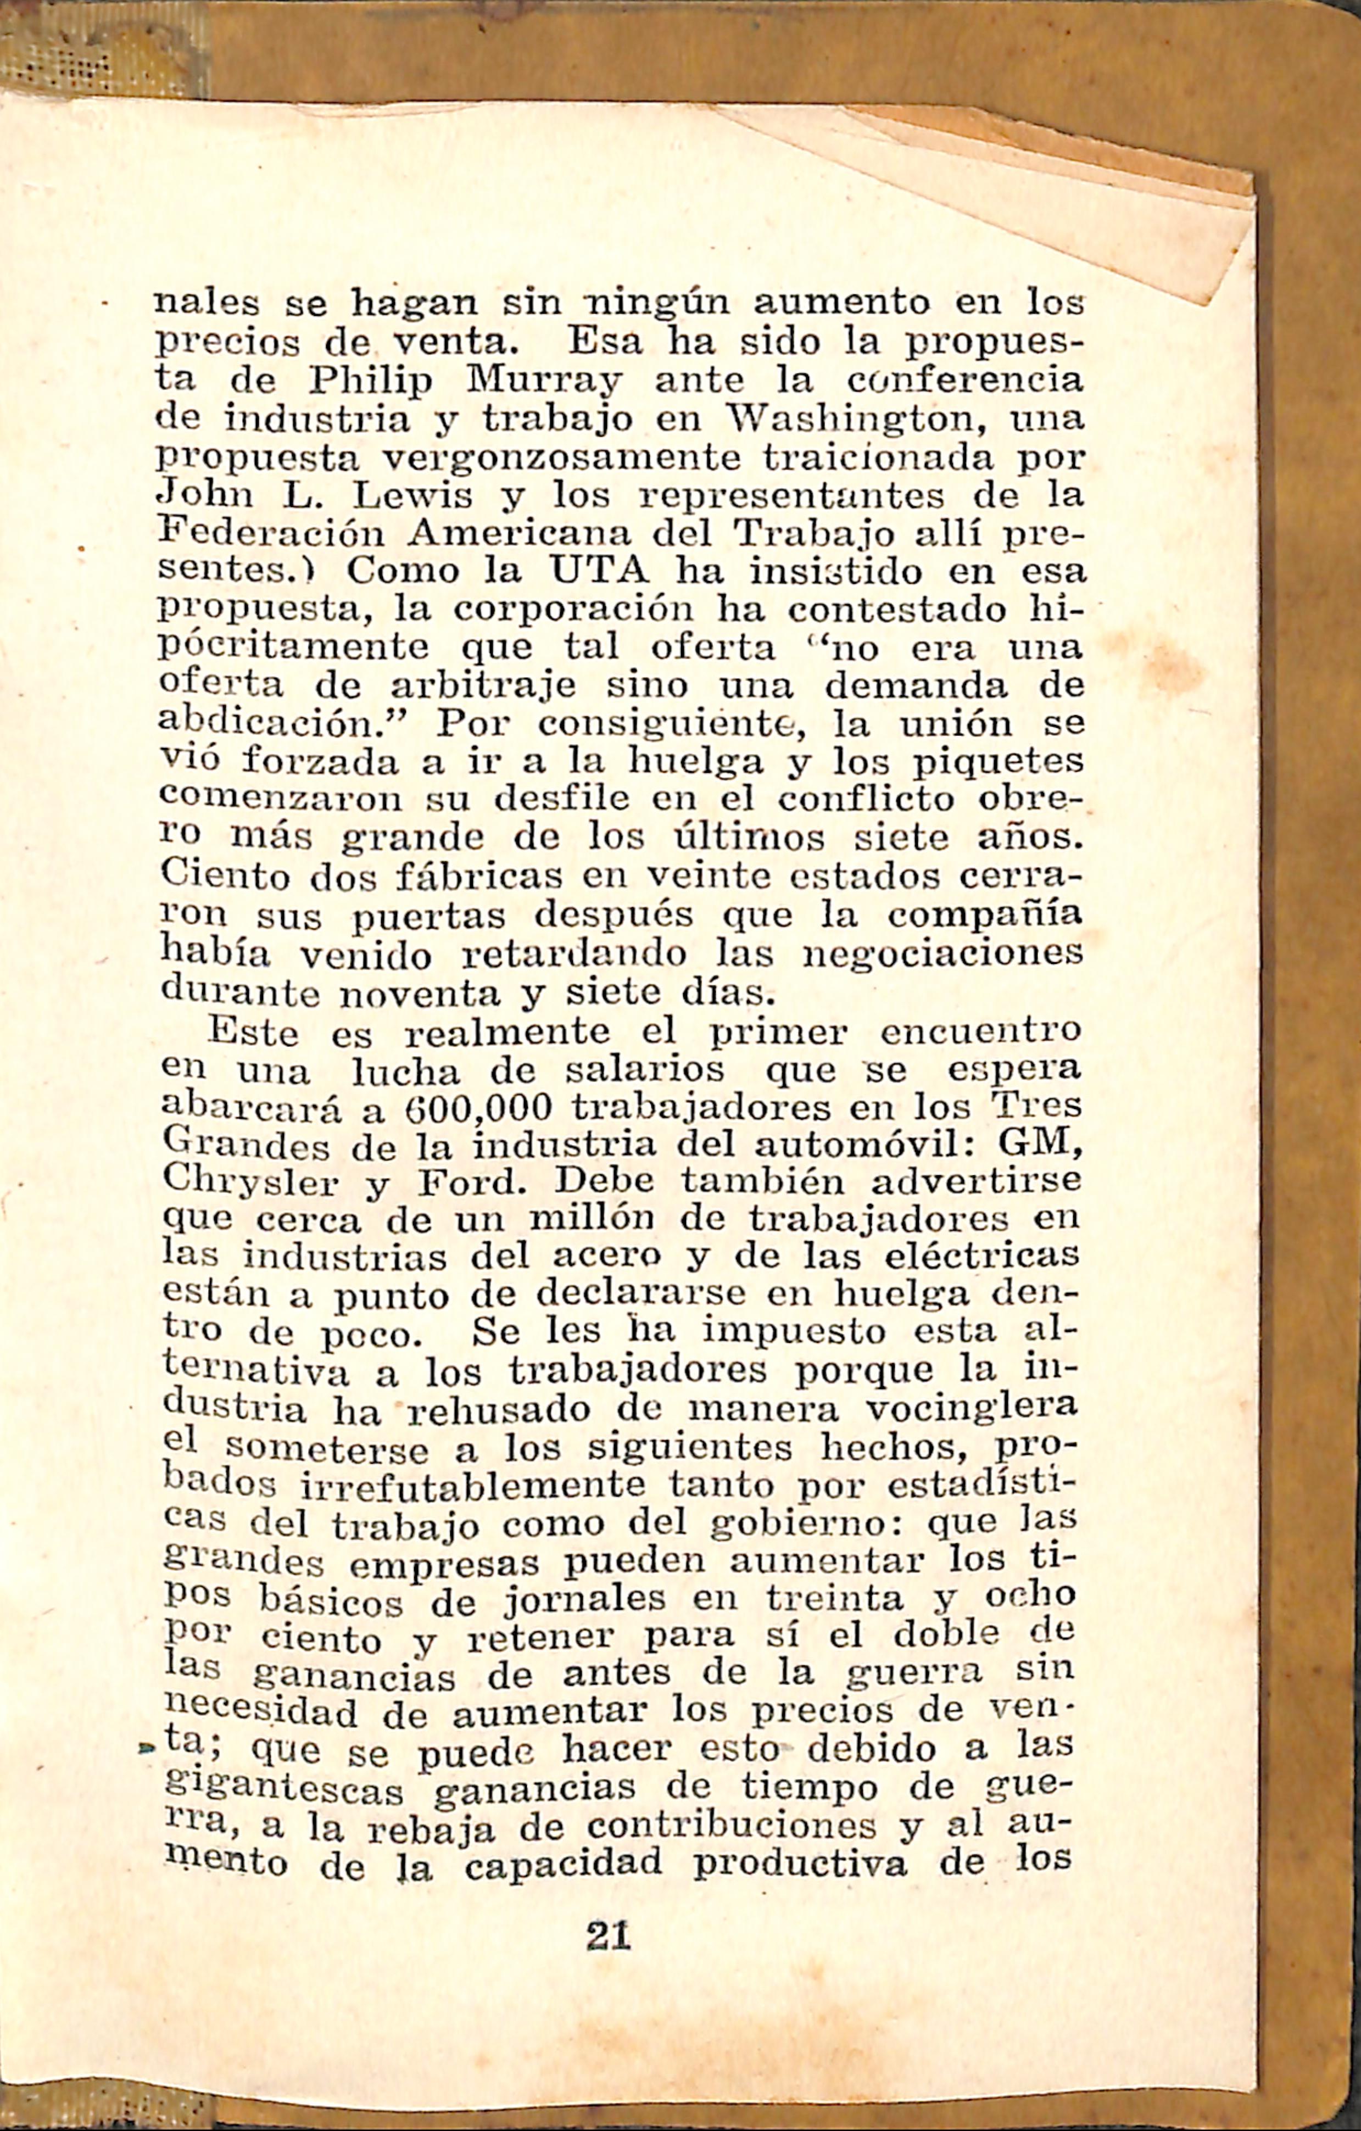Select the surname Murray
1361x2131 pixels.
(543, 382)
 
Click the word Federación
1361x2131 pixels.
(272, 534)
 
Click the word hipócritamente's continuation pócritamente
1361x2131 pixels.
(293, 647)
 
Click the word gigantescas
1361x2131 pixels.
(284, 1764)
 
